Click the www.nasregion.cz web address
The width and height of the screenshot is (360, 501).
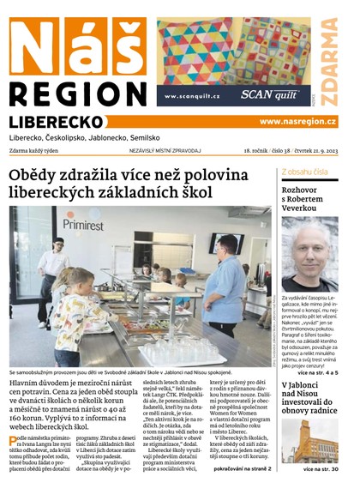[x=297, y=122]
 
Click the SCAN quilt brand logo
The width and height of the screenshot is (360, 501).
[x=267, y=95]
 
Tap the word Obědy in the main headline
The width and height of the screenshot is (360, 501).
[x=40, y=176]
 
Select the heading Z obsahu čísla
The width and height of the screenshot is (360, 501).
[x=304, y=172]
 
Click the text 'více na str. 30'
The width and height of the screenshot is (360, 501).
[x=320, y=469]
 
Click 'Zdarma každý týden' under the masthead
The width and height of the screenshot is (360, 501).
[x=40, y=150]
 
